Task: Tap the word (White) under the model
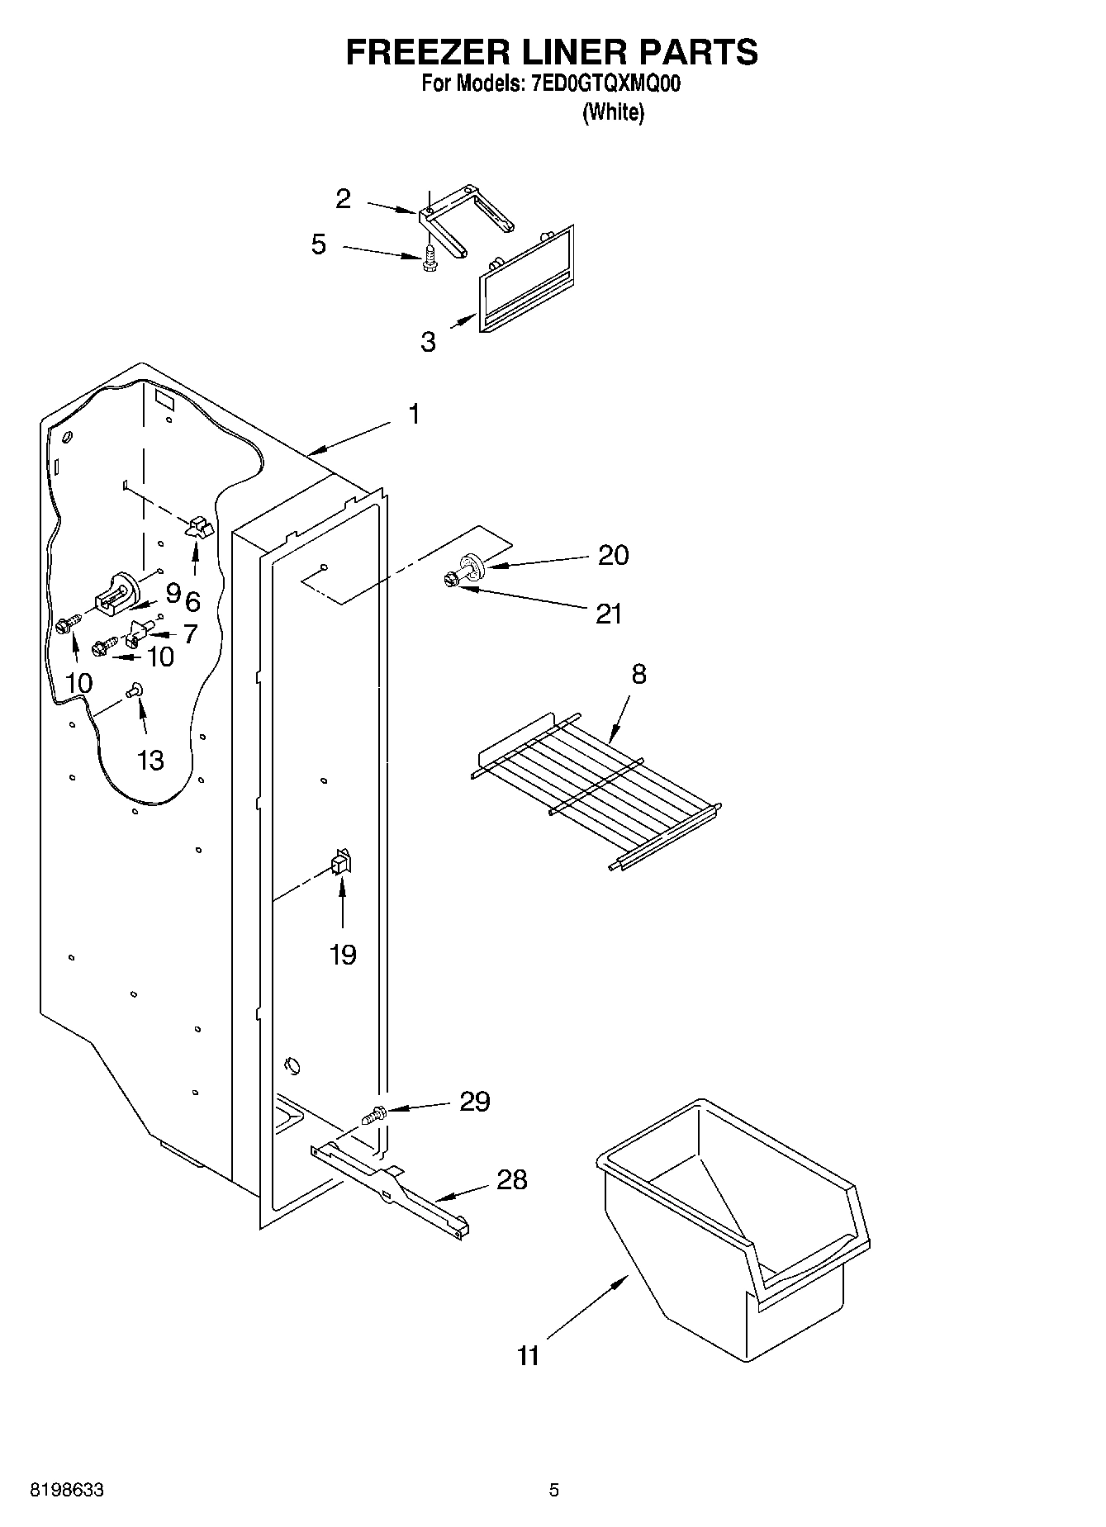click(613, 112)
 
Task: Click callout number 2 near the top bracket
click(343, 198)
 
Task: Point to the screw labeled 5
click(428, 258)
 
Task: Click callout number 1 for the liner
click(414, 414)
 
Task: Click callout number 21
click(609, 614)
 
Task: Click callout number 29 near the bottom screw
click(474, 1101)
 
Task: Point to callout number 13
click(150, 760)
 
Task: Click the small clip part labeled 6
click(198, 528)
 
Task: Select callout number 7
click(190, 633)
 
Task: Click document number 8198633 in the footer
click(66, 1490)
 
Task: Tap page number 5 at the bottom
click(554, 1490)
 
